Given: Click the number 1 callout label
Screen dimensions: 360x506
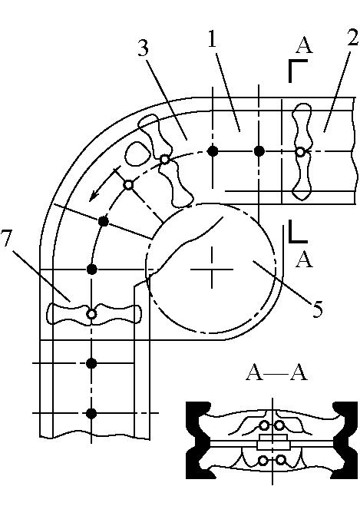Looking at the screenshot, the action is coord(212,38).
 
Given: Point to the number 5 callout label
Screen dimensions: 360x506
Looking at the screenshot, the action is coord(317,309).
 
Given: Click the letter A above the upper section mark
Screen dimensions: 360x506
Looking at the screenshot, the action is coord(304,45).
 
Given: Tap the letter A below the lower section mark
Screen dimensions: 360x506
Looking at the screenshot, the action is coord(304,260).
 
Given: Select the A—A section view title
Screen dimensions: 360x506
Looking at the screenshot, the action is coord(276,373).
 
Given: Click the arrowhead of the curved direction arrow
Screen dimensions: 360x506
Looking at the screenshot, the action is coord(94,196).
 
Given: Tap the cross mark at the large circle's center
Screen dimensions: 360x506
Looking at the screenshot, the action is coord(212,269).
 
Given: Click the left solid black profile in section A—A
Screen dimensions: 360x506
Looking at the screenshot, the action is coord(198,440).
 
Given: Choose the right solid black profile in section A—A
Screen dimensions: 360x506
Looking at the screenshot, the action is coord(346,440).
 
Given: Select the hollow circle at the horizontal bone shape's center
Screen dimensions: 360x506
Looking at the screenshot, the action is coord(91,314).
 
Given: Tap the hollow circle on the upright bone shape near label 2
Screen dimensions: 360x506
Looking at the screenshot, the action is coord(300,152).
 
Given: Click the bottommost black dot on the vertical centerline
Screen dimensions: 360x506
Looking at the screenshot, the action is coord(91,413).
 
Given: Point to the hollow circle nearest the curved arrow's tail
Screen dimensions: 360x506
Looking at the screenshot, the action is coord(129,185).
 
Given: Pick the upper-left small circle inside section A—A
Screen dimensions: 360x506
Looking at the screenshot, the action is coord(265,426).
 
